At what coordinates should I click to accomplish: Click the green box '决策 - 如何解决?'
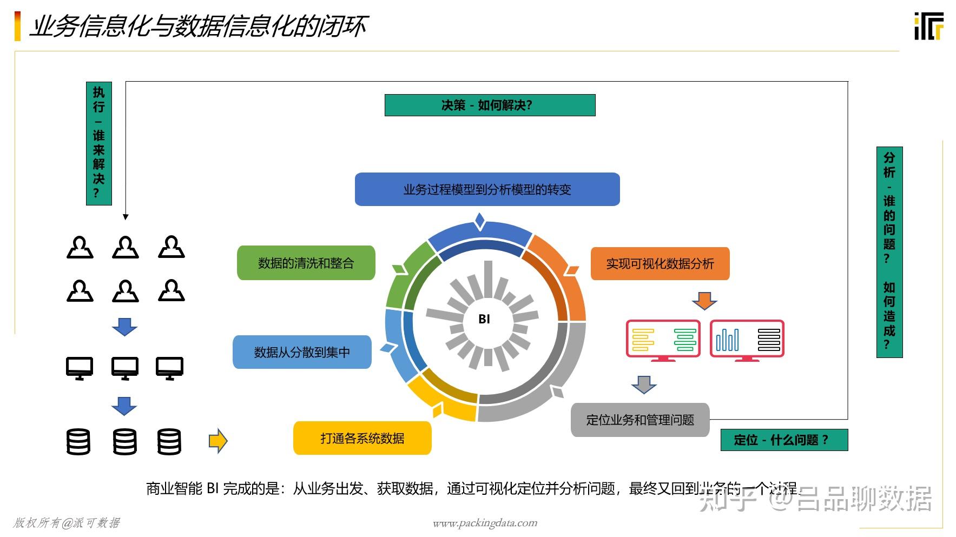point(490,105)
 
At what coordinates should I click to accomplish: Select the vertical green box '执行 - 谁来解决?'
point(99,143)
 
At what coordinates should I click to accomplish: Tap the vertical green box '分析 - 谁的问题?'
point(889,252)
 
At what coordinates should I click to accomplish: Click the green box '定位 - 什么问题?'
point(784,440)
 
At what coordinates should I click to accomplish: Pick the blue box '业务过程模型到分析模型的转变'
point(487,189)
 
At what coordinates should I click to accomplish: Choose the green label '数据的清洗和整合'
point(306,263)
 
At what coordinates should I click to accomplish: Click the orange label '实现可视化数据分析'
point(660,263)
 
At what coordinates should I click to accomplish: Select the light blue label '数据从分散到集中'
point(302,352)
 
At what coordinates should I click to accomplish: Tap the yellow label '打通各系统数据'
point(362,438)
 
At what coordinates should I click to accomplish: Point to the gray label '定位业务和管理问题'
point(640,420)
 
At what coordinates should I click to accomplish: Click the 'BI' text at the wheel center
point(484,319)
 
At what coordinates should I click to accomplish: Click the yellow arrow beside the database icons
point(218,441)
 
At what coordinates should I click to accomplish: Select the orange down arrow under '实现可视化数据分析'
point(704,301)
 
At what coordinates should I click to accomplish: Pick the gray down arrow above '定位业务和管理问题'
point(644,384)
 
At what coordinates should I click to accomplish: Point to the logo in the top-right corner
point(928,26)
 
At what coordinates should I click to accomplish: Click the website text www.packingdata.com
point(485,523)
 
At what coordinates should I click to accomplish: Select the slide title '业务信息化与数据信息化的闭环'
point(198,26)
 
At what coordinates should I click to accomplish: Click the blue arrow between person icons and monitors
point(124,327)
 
